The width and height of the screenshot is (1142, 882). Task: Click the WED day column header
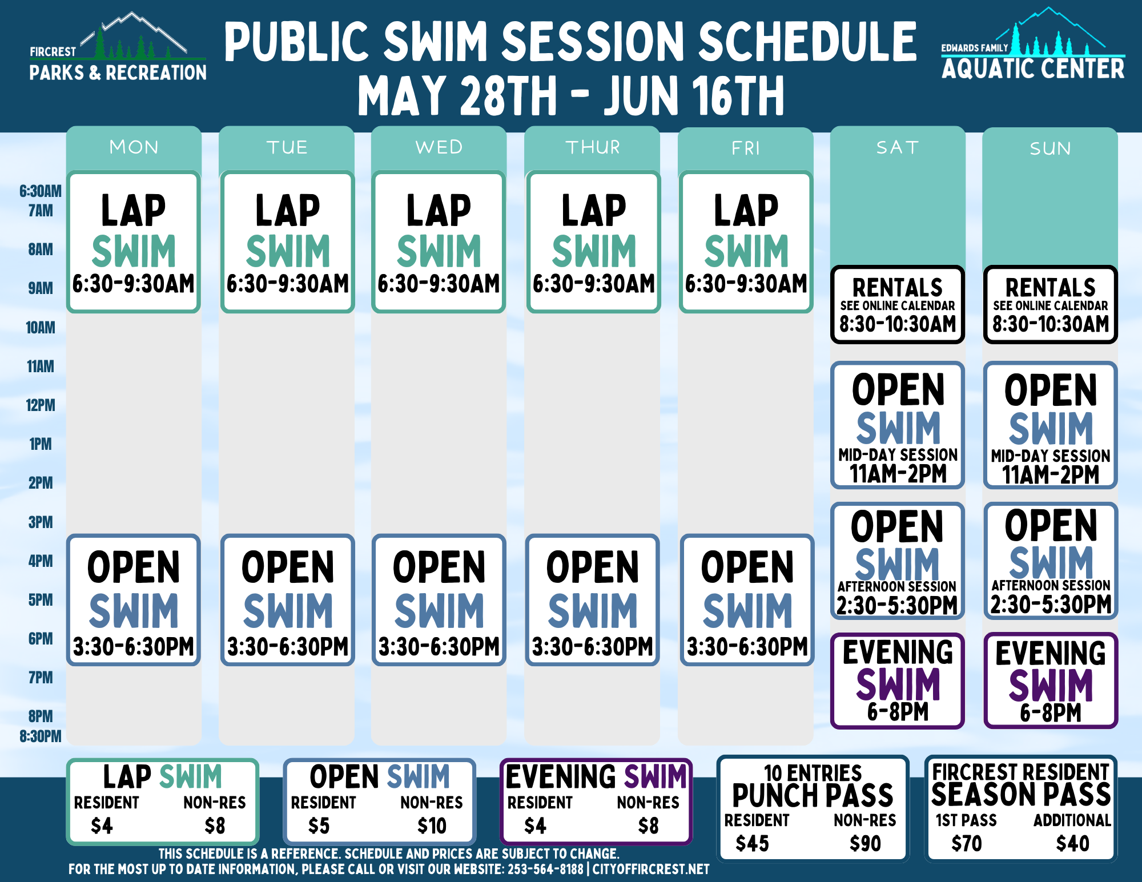439,147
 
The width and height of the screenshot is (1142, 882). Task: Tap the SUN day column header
1050,148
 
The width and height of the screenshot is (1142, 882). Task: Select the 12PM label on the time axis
41,405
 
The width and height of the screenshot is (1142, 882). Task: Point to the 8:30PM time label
41,736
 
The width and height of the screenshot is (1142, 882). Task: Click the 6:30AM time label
41,191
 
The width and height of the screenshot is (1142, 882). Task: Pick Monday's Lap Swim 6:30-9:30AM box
134,242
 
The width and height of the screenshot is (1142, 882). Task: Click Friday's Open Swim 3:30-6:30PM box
747,600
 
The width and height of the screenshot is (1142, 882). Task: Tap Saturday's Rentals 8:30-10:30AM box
898,305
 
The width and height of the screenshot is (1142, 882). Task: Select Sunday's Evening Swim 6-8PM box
1051,680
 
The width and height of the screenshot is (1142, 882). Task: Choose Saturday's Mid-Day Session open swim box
898,425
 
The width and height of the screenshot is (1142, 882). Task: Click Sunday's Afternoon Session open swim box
1051,561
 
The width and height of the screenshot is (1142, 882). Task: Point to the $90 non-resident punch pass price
865,843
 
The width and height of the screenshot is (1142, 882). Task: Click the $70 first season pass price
966,843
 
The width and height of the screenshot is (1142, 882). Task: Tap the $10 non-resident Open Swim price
432,825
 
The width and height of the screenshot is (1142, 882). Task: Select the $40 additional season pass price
1072,843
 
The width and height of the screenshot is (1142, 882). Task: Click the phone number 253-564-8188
545,869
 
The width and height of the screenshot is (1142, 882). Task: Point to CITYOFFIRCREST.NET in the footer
651,869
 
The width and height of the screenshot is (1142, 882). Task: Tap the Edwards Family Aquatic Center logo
1033,44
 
